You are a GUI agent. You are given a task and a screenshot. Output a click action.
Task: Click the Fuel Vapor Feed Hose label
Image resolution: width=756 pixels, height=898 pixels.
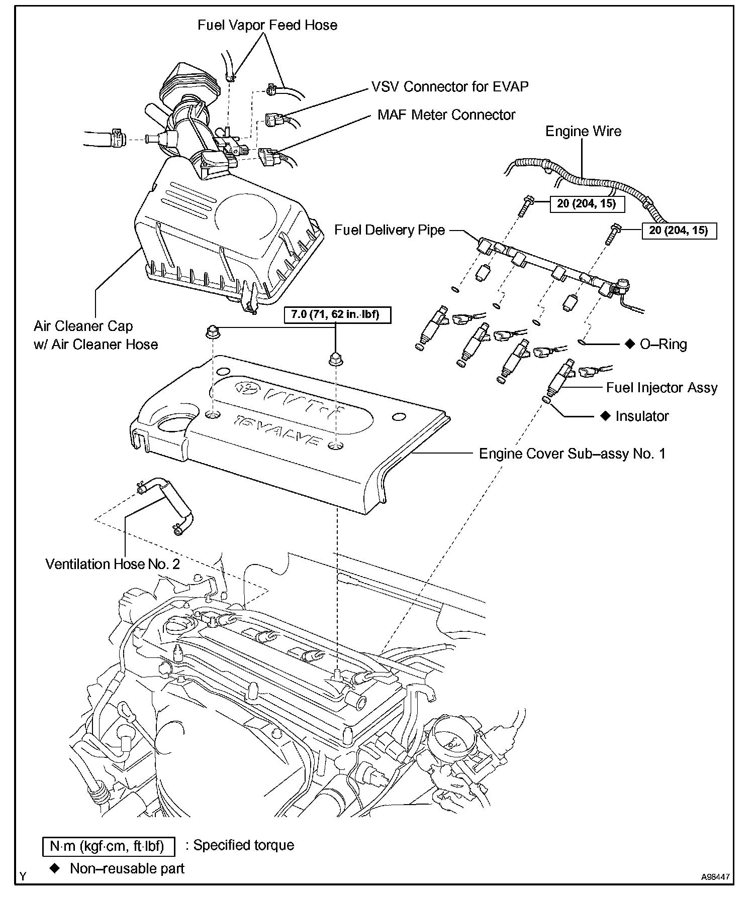[x=267, y=25]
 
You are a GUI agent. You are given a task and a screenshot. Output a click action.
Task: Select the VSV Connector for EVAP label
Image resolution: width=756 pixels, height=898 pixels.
[x=450, y=86]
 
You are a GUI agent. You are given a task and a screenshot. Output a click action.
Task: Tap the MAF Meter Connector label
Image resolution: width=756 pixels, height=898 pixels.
[x=446, y=115]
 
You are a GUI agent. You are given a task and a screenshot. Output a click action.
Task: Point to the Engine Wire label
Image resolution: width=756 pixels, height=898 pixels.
[x=583, y=132]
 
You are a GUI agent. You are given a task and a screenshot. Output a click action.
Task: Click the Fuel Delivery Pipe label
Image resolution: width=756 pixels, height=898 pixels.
[x=390, y=230]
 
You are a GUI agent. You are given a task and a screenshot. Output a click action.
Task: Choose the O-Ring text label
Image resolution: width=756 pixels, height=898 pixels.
[x=663, y=344]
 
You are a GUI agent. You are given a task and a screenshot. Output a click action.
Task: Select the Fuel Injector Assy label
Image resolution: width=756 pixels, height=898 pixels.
[x=661, y=387]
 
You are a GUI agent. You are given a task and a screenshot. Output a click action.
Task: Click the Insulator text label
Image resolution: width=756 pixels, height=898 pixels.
[x=642, y=416]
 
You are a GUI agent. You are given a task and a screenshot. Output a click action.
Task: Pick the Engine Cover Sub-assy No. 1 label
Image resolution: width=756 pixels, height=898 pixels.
[x=572, y=454]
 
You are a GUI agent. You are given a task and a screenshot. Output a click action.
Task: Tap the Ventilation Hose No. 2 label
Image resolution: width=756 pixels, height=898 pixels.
[x=113, y=564]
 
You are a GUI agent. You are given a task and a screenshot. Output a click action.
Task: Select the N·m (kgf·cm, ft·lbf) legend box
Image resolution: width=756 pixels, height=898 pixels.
[x=109, y=846]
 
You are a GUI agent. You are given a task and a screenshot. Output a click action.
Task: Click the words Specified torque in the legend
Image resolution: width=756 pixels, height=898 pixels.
[x=244, y=845]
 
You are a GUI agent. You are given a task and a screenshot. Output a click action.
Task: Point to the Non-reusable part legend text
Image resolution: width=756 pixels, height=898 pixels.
[x=127, y=868]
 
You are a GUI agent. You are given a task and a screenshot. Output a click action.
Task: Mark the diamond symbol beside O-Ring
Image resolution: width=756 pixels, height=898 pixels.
[x=629, y=344]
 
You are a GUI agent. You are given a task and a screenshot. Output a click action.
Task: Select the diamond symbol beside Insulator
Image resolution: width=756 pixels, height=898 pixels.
[x=606, y=416]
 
